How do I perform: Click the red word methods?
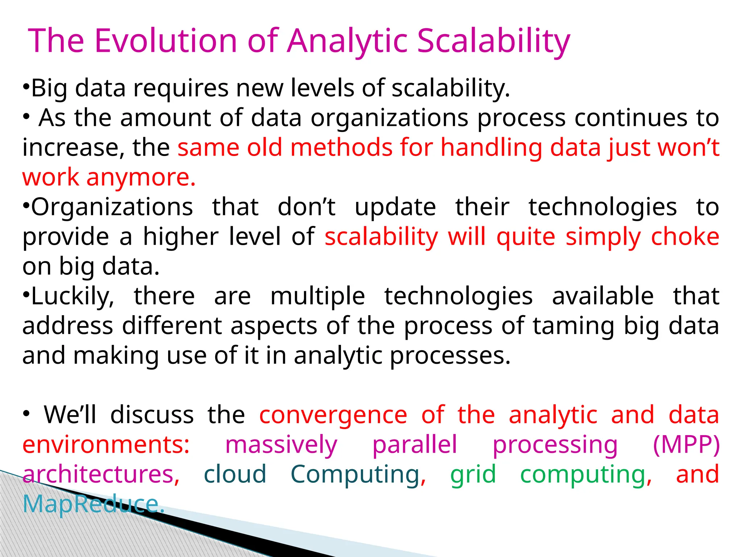341,148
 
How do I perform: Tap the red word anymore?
141,177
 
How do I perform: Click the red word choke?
685,237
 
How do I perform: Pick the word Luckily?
72,296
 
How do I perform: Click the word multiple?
317,296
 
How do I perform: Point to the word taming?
574,326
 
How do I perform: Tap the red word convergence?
333,415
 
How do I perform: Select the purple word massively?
281,445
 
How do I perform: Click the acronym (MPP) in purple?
686,445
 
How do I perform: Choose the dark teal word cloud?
235,474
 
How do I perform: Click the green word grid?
472,474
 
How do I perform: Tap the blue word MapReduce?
93,504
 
